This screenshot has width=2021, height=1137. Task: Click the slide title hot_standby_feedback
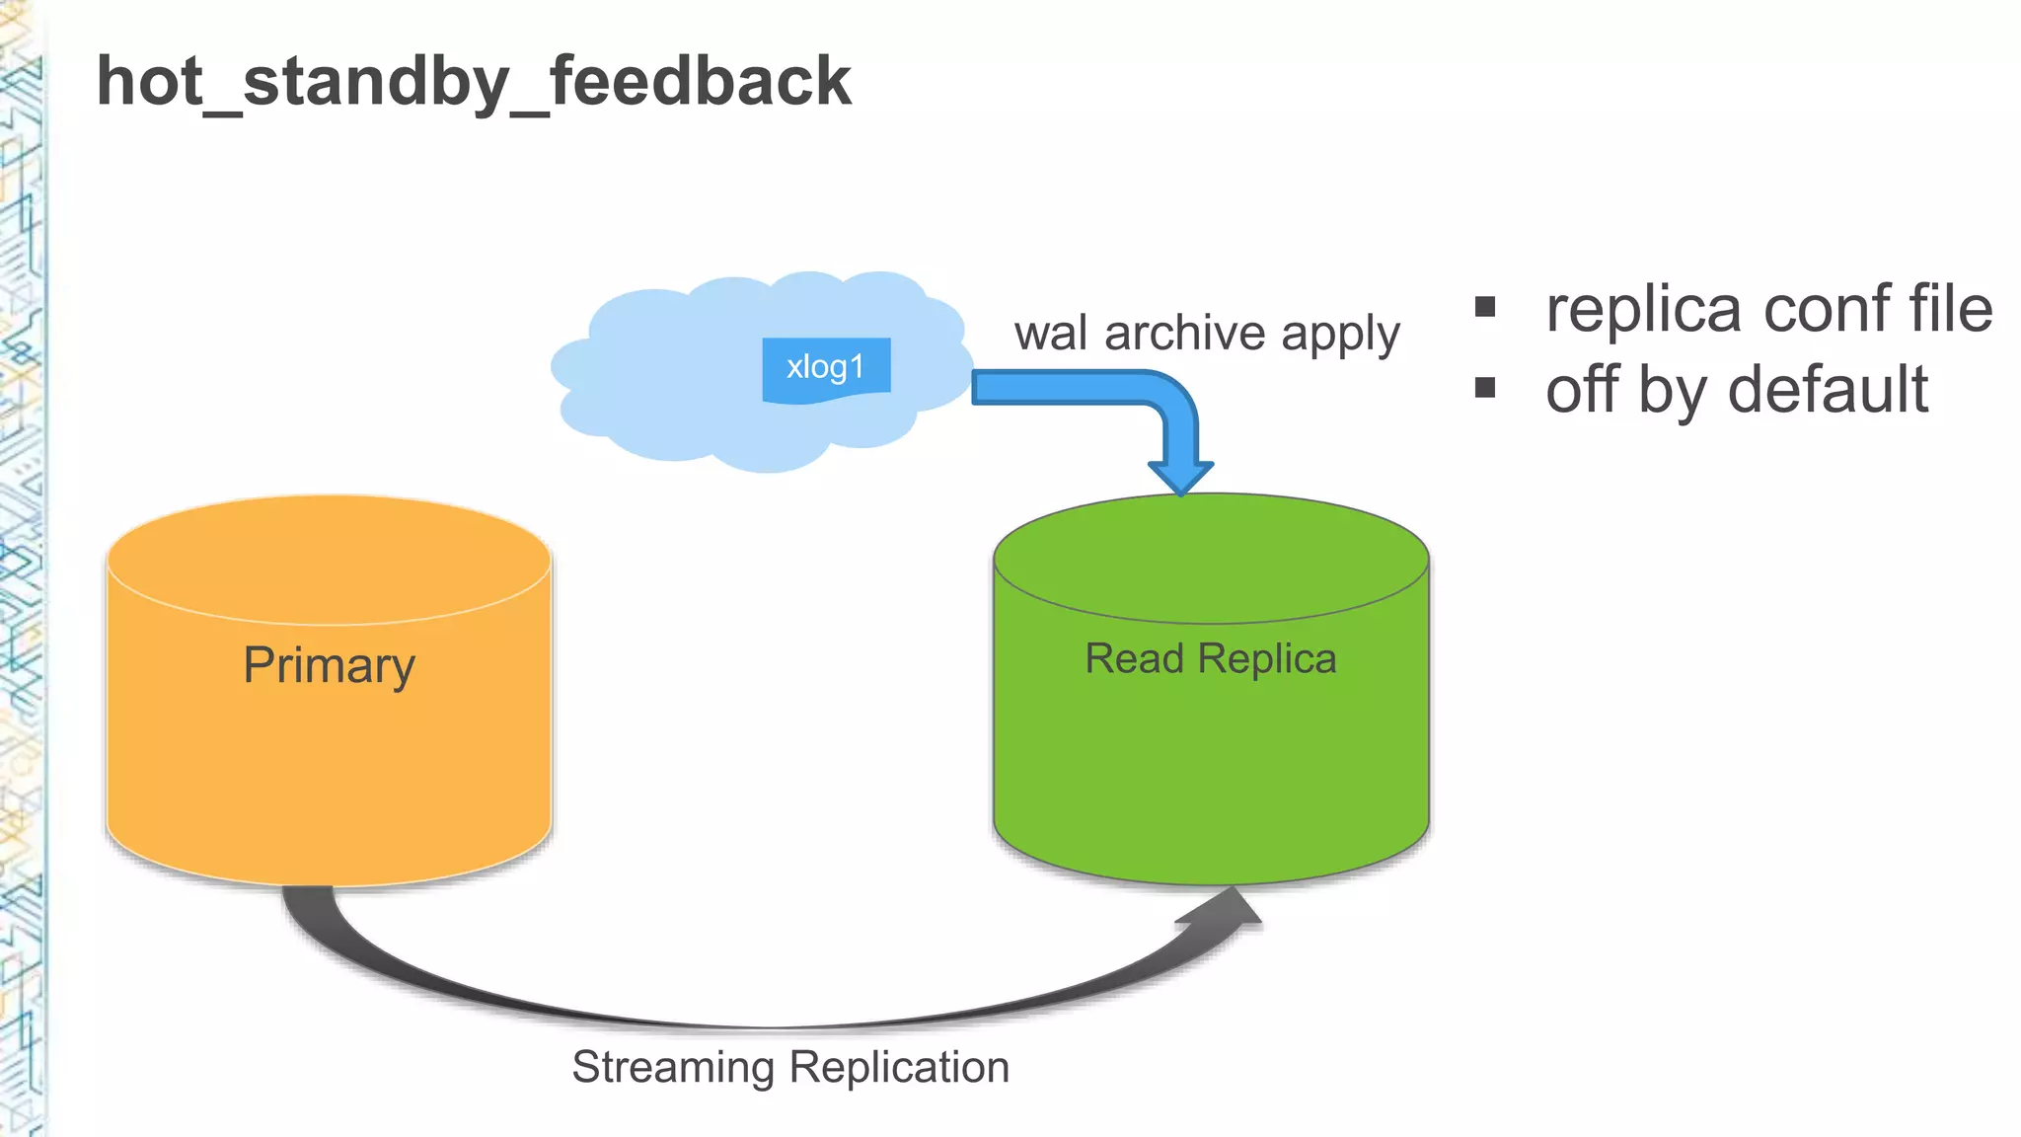coord(474,82)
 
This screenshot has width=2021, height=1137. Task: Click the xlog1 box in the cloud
coord(826,368)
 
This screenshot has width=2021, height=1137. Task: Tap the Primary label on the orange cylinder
coord(329,665)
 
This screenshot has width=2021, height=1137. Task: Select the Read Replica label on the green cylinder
coord(1211,658)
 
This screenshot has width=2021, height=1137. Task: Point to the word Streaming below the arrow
coord(673,1068)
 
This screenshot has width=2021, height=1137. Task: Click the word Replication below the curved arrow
coord(899,1068)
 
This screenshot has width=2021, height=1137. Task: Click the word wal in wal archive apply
coord(1052,334)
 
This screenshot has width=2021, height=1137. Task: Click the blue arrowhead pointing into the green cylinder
coord(1180,477)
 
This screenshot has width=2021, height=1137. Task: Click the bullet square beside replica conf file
coord(1485,307)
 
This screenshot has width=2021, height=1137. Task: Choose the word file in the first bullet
coord(1951,309)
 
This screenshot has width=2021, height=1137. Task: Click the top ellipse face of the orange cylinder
coord(329,559)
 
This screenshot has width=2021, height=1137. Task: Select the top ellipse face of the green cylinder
coord(1211,559)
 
